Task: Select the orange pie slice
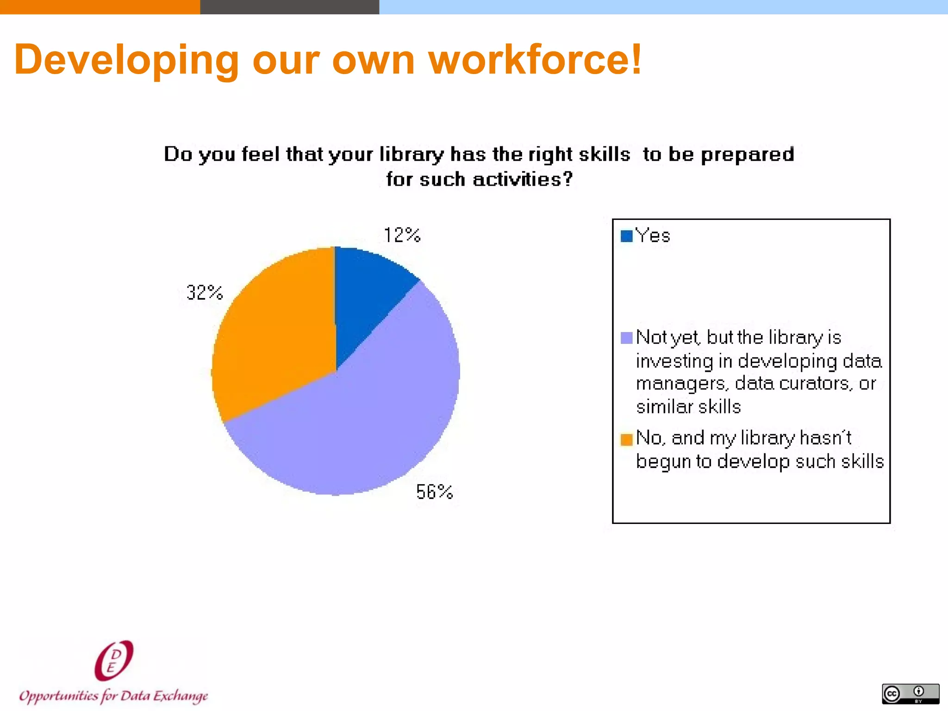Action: click(x=273, y=333)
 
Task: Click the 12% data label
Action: click(x=402, y=235)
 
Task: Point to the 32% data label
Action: click(x=204, y=293)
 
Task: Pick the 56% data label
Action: click(x=434, y=492)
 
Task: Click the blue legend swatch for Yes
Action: click(x=626, y=236)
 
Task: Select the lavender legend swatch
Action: click(x=626, y=338)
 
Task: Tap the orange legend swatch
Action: click(x=626, y=439)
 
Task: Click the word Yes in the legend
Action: click(x=653, y=236)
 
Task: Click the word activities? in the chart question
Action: click(x=523, y=179)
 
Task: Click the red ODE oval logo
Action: click(x=114, y=661)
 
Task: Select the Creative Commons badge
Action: click(x=910, y=693)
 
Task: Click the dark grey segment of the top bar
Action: click(x=289, y=7)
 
